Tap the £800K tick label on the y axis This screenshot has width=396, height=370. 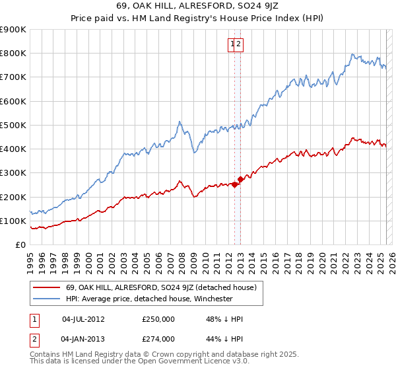pyautogui.click(x=13, y=54)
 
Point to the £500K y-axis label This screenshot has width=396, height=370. pyautogui.click(x=13, y=125)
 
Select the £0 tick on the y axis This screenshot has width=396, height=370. pyautogui.click(x=21, y=245)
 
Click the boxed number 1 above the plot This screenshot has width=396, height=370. pyautogui.click(x=233, y=45)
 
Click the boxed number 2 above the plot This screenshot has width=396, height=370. pyautogui.click(x=240, y=45)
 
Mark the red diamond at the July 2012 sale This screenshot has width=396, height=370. pyautogui.click(x=234, y=185)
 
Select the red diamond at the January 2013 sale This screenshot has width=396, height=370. pyautogui.click(x=240, y=179)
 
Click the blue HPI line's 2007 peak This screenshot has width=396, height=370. pyautogui.click(x=180, y=122)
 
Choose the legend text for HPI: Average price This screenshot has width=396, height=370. pyautogui.click(x=149, y=299)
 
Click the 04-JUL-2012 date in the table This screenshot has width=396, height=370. pyautogui.click(x=83, y=319)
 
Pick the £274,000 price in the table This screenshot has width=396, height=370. pyautogui.click(x=158, y=338)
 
